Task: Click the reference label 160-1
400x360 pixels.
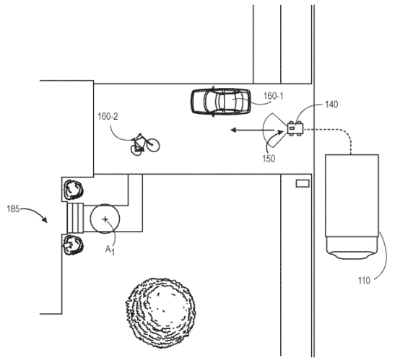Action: pyautogui.click(x=273, y=96)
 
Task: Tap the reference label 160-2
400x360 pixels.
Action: pyautogui.click(x=108, y=117)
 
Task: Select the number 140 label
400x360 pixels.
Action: pyautogui.click(x=331, y=105)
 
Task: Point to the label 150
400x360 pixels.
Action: pyautogui.click(x=269, y=159)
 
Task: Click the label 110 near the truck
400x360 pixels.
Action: pyautogui.click(x=364, y=281)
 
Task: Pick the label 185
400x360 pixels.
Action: pyautogui.click(x=13, y=209)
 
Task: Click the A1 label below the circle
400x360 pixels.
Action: pyautogui.click(x=110, y=250)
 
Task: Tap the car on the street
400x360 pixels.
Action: pyautogui.click(x=220, y=102)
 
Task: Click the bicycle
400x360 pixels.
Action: pyautogui.click(x=145, y=144)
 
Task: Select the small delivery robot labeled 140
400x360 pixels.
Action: pyautogui.click(x=295, y=128)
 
